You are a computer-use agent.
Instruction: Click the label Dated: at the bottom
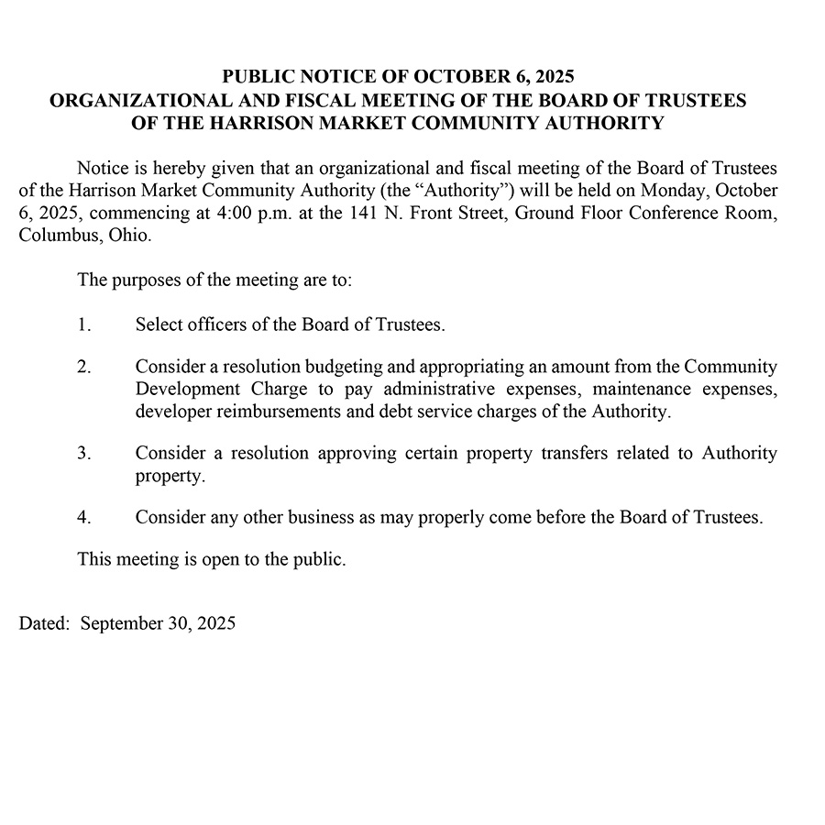[44, 624]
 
